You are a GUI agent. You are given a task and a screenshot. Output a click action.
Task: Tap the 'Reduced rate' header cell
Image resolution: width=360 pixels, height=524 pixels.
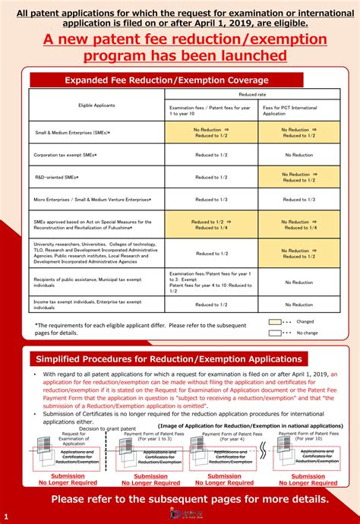pos(251,96)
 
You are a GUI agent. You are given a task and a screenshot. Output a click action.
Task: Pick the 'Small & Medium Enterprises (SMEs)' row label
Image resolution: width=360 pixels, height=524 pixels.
pos(73,133)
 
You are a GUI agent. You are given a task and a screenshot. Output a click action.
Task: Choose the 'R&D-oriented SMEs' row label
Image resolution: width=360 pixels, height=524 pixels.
pos(58,178)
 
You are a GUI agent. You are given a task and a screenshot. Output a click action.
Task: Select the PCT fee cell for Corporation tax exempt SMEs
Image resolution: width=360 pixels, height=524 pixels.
pos(298,155)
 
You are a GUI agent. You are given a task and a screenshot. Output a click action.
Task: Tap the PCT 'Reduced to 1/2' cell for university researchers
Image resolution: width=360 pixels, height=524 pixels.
pos(298,253)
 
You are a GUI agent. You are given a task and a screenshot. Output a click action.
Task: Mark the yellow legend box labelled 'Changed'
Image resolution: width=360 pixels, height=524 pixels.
pos(275,321)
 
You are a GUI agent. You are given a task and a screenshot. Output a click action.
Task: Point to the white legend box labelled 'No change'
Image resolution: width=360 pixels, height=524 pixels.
pos(275,332)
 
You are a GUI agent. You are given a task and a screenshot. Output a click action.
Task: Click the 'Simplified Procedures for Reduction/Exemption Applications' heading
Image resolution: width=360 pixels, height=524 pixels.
pos(166,358)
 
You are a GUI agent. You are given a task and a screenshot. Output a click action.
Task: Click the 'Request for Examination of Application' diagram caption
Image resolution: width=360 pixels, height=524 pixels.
pos(74,438)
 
